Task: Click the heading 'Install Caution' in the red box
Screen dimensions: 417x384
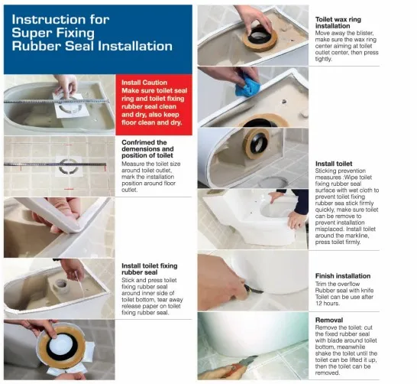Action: coord(144,83)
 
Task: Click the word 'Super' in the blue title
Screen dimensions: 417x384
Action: coord(30,33)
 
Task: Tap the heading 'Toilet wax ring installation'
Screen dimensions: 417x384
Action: coord(338,23)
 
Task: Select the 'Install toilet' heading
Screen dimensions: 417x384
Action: coord(334,164)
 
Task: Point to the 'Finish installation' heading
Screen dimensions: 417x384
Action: coord(343,276)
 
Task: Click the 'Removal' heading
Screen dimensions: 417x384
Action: coord(329,320)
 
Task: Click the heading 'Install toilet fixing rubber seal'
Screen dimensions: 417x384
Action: coord(150,269)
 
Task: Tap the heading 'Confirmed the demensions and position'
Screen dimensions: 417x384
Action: coord(147,149)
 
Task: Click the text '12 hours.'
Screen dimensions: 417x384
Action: coord(328,304)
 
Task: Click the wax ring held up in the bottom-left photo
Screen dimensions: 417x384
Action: coord(62,347)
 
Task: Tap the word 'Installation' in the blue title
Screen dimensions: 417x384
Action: coord(135,46)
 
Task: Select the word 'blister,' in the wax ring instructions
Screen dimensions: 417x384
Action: coord(364,33)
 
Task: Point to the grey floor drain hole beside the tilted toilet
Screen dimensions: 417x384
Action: coord(273,182)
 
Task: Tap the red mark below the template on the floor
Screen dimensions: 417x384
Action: coord(69,189)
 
